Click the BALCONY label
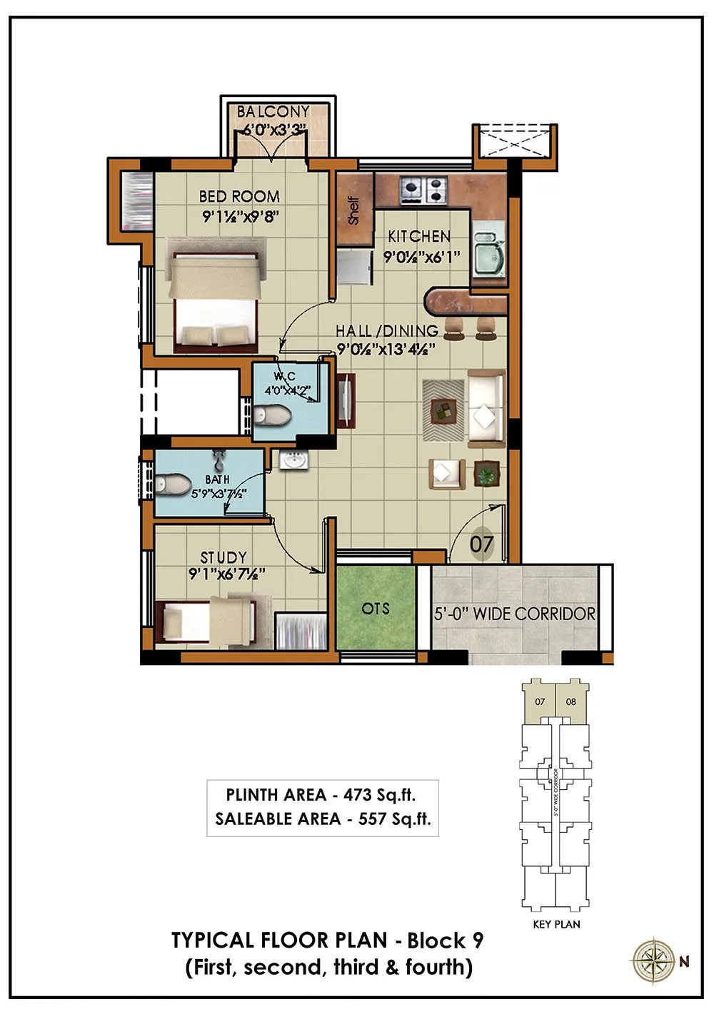click(x=273, y=112)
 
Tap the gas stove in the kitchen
click(x=424, y=191)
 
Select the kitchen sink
click(x=488, y=255)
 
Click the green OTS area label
click(x=376, y=608)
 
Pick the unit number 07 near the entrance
click(x=482, y=544)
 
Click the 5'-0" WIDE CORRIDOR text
click(x=515, y=614)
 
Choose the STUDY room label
click(x=223, y=557)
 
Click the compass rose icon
click(x=651, y=960)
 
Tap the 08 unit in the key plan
click(x=570, y=701)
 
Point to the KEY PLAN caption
click(x=557, y=924)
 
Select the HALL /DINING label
click(x=387, y=331)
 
